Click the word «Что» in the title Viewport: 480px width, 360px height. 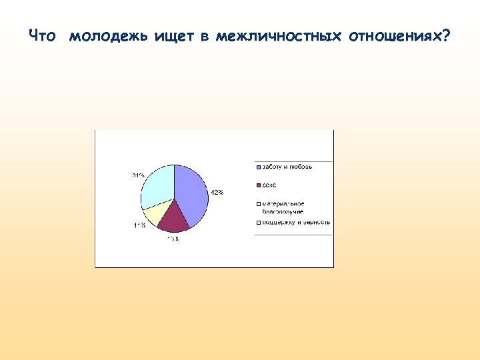(x=43, y=36)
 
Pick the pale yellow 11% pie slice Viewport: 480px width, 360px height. (x=155, y=213)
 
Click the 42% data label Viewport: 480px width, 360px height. (x=217, y=193)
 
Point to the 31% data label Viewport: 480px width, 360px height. (x=138, y=175)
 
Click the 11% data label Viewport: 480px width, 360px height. (x=140, y=225)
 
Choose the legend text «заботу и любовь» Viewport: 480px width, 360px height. (x=287, y=167)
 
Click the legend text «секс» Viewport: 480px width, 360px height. (x=269, y=185)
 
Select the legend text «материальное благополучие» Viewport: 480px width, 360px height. (x=283, y=207)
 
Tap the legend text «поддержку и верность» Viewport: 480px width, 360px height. (x=295, y=222)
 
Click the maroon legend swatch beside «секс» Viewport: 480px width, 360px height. (x=257, y=185)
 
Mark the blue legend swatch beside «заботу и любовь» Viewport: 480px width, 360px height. (x=257, y=167)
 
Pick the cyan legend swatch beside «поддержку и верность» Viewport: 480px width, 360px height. (x=257, y=222)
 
